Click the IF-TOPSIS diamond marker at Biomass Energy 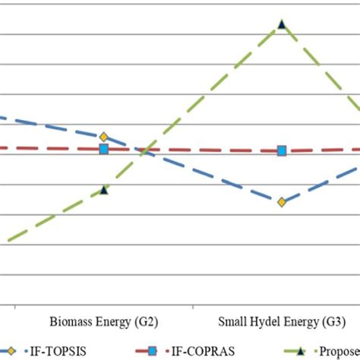104,137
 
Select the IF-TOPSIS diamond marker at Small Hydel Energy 282,202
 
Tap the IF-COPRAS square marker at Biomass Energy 104,149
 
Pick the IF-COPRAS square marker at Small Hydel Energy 282,150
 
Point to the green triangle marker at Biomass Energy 104,190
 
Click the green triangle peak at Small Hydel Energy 282,24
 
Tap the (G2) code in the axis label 146,322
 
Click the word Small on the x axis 232,322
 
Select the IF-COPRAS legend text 206,351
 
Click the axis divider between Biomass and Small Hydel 193,307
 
